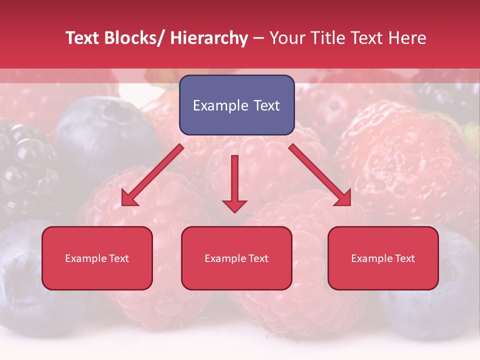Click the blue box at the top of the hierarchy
point(236,105)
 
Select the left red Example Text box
point(97,258)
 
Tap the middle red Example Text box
point(236,258)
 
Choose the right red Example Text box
point(383,258)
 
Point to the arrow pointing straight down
point(234,182)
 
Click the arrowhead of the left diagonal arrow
point(129,198)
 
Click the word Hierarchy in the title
point(209,38)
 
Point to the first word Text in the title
point(82,38)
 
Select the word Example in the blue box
point(217,105)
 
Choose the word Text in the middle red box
point(258,258)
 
